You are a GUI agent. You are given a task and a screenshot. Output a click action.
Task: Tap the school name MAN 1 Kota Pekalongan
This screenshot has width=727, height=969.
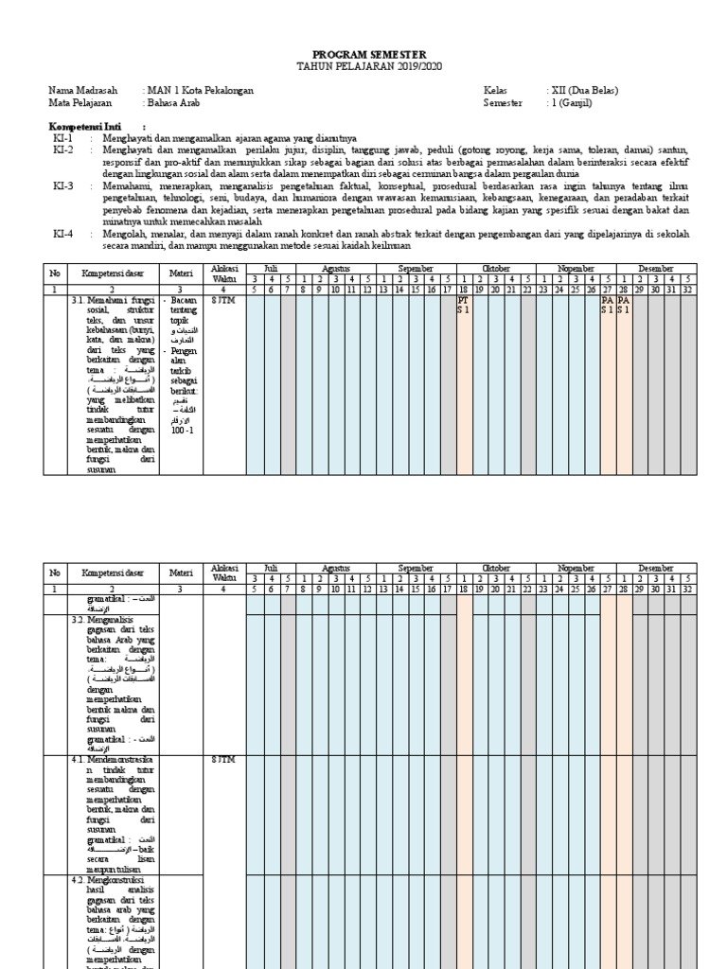point(200,91)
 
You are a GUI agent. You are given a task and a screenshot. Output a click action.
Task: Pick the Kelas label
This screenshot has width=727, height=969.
point(496,91)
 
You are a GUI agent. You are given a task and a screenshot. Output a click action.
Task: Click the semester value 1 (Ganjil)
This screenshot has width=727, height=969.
point(571,102)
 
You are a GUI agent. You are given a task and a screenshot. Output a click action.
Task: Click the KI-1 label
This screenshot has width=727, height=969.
point(62,138)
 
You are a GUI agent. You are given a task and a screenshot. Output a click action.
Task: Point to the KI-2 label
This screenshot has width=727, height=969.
point(62,150)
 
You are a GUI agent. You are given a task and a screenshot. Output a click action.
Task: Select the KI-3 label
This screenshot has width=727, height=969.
point(62,187)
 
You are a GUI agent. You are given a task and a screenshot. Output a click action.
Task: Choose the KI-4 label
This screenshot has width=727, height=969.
point(62,233)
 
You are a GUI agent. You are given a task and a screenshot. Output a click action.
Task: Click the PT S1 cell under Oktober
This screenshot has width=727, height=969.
point(464,304)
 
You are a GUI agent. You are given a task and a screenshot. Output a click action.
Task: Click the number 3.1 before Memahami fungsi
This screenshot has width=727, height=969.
point(78,300)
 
